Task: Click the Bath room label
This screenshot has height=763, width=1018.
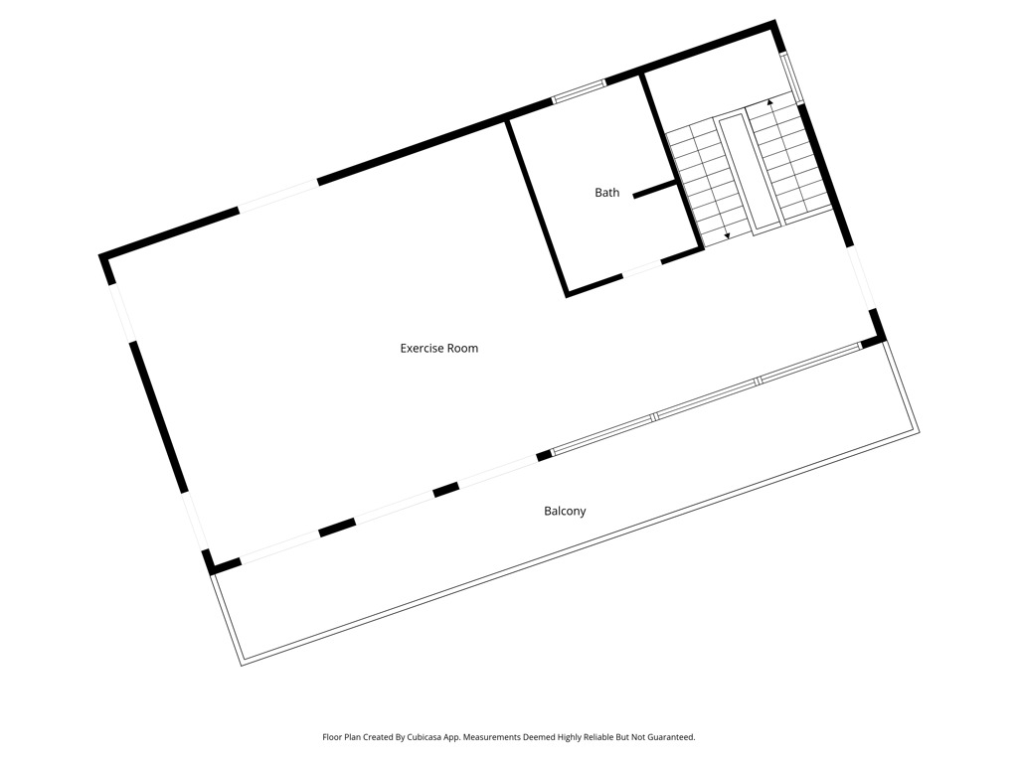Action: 607,193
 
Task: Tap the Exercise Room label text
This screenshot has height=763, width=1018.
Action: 438,349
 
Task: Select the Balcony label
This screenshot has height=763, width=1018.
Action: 565,512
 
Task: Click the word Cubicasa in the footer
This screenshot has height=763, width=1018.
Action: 424,737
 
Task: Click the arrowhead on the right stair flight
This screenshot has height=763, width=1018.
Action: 770,102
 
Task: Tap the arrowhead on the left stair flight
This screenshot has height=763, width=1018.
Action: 727,236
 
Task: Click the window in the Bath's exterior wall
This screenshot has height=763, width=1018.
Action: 580,91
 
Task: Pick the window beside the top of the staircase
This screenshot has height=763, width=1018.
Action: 792,77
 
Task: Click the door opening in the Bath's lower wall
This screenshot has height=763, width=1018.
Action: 642,268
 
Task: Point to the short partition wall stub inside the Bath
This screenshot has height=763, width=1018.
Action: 656,190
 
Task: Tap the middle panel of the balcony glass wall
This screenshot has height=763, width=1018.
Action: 707,398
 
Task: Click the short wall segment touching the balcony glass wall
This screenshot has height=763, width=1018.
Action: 544,455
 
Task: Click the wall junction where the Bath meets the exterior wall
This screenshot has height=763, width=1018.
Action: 507,119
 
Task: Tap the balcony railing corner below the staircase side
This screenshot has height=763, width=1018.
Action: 917,433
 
